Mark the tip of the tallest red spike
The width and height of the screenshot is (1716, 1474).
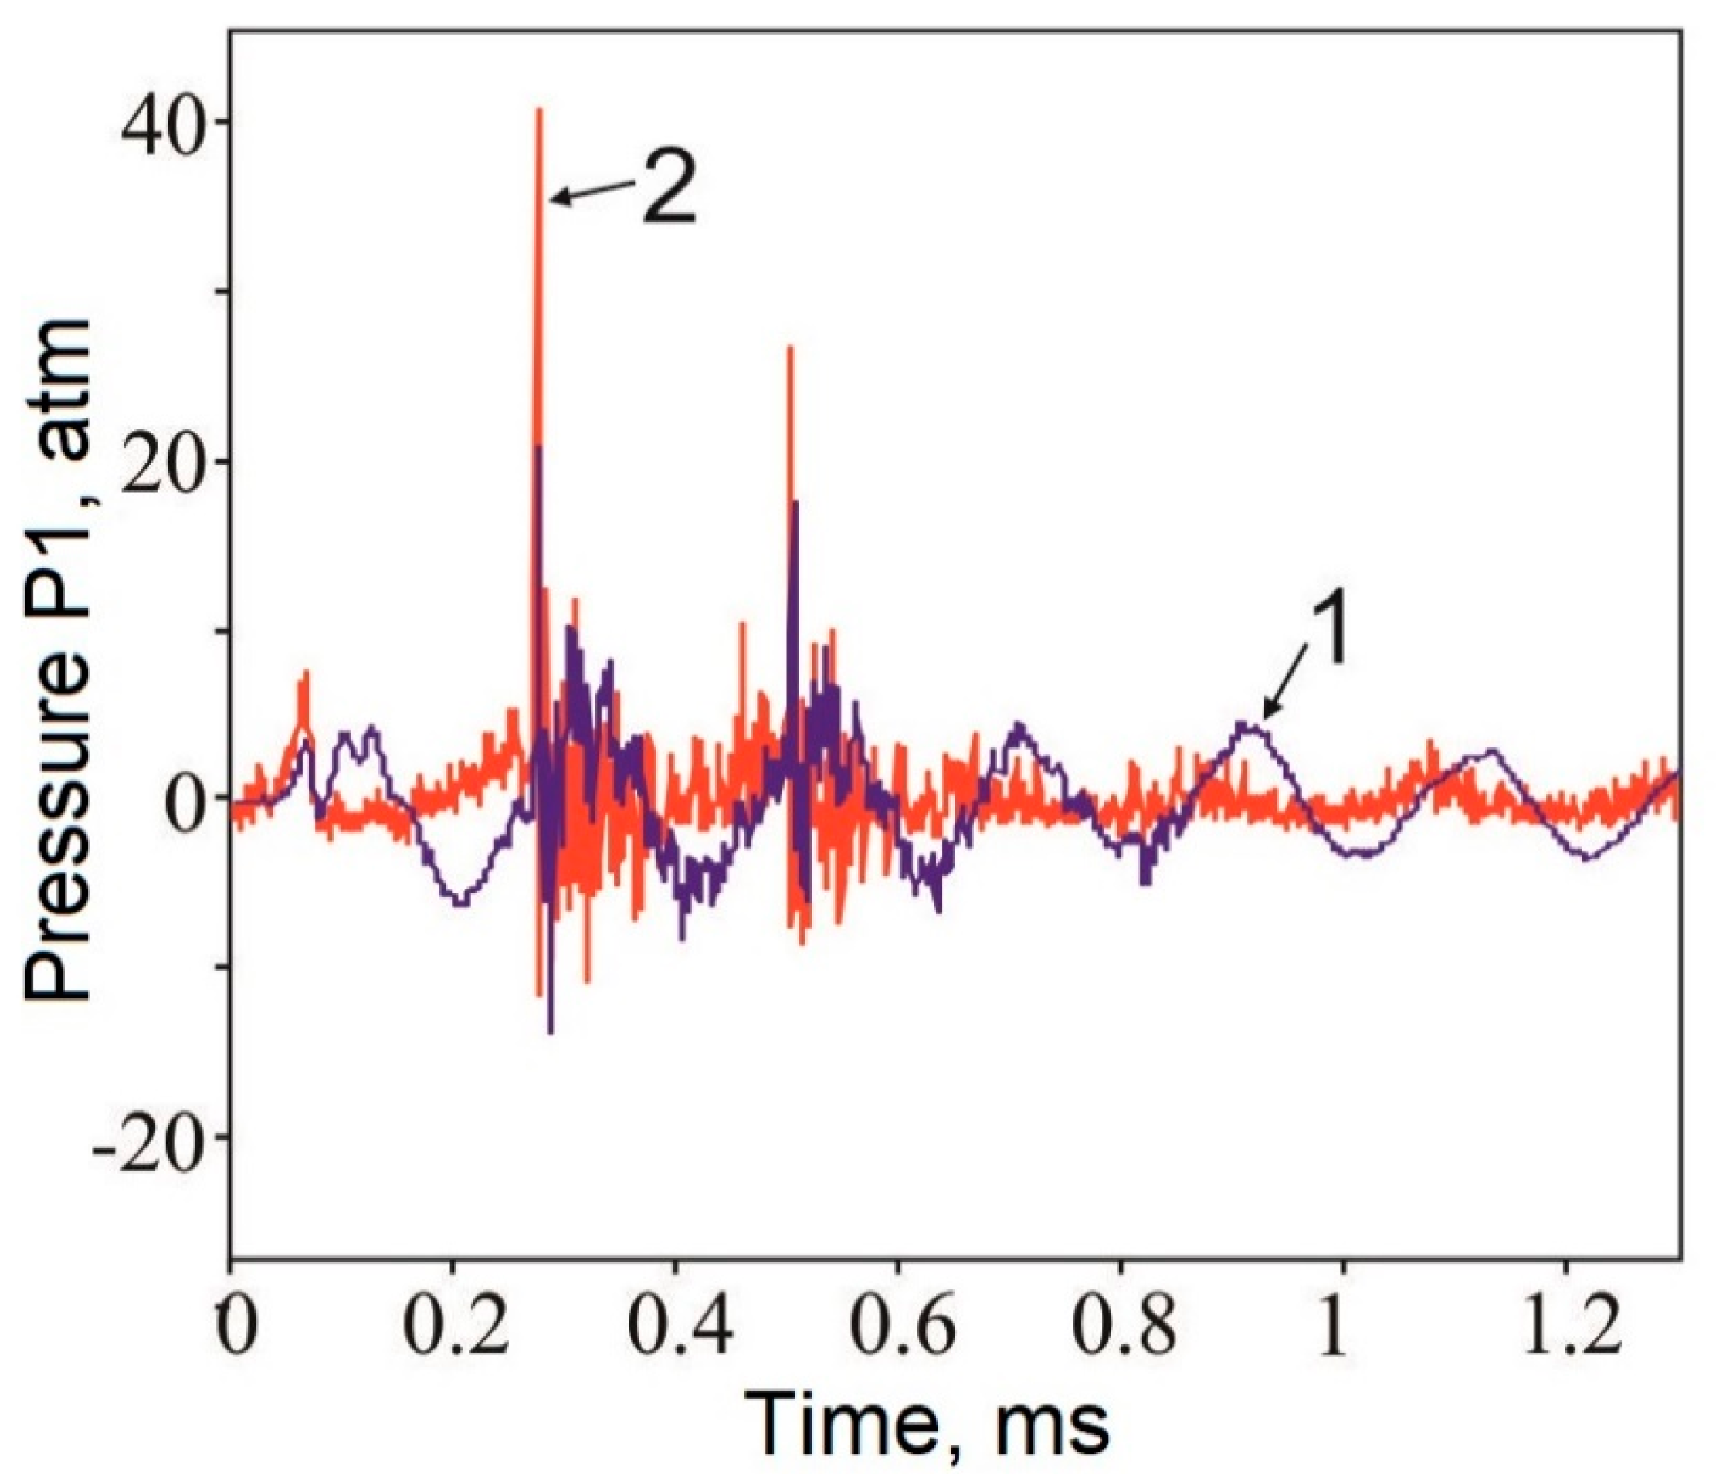pos(539,110)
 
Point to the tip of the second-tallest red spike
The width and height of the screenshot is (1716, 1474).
pos(790,347)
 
